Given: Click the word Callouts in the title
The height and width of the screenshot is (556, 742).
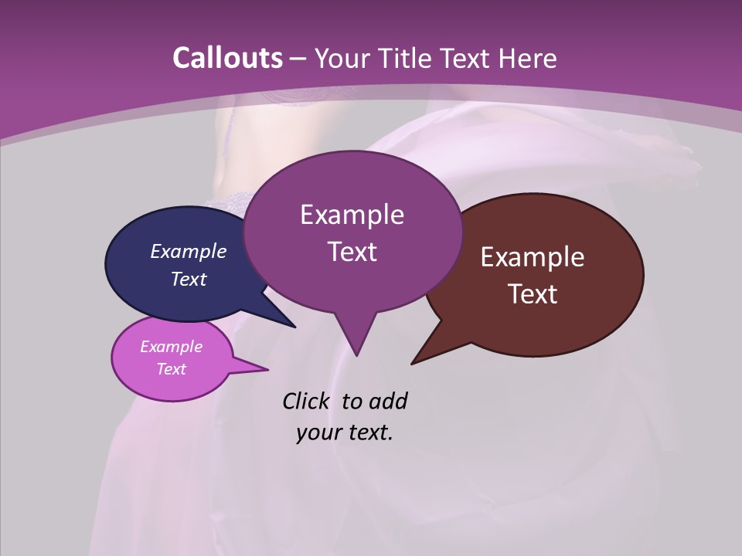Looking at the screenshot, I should (227, 58).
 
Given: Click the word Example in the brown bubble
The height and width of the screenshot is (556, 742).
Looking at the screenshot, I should (533, 257).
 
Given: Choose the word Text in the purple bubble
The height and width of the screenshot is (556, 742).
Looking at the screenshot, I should (352, 252).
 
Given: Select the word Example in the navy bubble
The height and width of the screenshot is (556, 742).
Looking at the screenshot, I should (189, 251).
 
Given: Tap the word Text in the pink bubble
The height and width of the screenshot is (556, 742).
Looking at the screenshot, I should (172, 369).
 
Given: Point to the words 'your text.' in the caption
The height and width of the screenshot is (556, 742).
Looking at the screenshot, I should (345, 432).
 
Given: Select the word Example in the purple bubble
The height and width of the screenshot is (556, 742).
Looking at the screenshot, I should (352, 215).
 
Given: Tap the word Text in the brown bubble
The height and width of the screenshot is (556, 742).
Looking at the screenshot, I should (533, 294).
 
